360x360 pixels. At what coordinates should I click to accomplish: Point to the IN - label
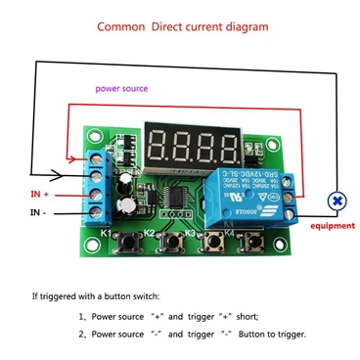41,211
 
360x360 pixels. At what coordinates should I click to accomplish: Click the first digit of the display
163,148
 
